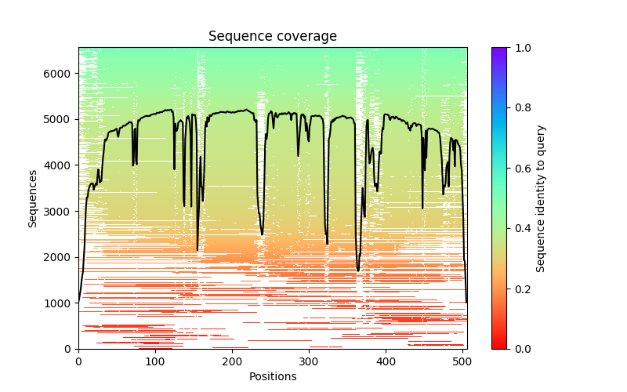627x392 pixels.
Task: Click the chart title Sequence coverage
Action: [272, 36]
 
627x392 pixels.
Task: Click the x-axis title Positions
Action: [272, 376]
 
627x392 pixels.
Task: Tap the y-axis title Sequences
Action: [33, 198]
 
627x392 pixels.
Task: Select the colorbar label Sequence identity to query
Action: [541, 198]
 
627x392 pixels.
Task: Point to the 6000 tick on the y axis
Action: [60, 74]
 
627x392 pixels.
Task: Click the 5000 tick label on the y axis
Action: [60, 119]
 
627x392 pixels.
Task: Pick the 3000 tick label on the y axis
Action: [60, 211]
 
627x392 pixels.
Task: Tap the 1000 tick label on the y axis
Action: [60, 303]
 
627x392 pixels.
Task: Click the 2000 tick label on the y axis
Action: [60, 257]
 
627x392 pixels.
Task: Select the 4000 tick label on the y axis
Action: [60, 165]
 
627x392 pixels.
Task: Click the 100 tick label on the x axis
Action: [155, 361]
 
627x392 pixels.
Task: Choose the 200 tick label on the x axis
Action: [232, 361]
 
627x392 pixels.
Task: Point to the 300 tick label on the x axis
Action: [309, 361]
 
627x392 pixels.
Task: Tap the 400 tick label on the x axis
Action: [386, 361]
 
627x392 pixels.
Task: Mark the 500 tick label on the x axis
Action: [462, 361]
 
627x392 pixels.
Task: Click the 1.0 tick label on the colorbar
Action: [520, 48]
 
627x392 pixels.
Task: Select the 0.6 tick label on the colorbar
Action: [520, 169]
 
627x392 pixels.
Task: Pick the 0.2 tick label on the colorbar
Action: [520, 289]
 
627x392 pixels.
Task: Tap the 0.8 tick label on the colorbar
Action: [520, 108]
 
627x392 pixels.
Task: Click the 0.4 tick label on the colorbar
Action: [520, 228]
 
